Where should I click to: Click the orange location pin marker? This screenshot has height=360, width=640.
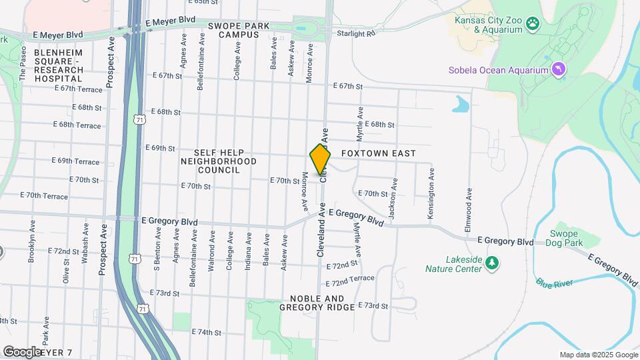(320, 159)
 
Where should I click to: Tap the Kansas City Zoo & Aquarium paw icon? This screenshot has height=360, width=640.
(532, 25)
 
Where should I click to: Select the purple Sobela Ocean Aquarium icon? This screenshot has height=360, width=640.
(559, 69)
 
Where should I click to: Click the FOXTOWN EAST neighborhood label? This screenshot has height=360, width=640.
(378, 153)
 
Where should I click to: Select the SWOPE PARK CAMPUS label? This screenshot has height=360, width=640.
(233, 30)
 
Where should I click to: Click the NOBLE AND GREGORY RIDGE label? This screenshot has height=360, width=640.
(317, 303)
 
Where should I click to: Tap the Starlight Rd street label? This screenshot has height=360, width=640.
(357, 33)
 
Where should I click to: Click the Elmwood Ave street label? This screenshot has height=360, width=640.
(469, 211)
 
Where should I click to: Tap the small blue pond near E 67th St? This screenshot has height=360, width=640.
(460, 104)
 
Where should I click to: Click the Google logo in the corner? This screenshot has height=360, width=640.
(23, 351)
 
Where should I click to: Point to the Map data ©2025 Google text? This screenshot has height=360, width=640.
(598, 355)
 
